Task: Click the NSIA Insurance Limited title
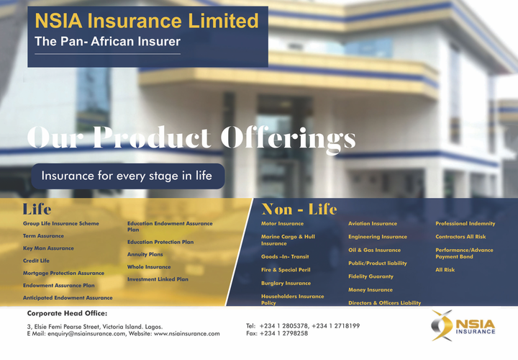tap(147, 21)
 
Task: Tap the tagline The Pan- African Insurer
tap(107, 42)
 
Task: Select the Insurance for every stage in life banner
tap(128, 176)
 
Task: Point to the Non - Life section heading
tap(299, 210)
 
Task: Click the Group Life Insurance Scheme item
tap(60, 223)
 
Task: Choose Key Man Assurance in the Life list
tap(48, 248)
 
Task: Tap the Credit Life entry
tap(36, 261)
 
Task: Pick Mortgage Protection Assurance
tap(63, 273)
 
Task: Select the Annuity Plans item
tap(145, 255)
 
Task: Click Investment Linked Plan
tap(158, 279)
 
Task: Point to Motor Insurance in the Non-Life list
tap(282, 223)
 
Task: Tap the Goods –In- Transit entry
tap(285, 256)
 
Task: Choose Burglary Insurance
tap(286, 283)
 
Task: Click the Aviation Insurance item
tap(373, 223)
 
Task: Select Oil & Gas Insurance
tap(374, 251)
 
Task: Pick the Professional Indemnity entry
tap(465, 223)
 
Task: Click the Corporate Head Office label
tap(67, 313)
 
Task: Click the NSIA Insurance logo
tap(463, 325)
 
